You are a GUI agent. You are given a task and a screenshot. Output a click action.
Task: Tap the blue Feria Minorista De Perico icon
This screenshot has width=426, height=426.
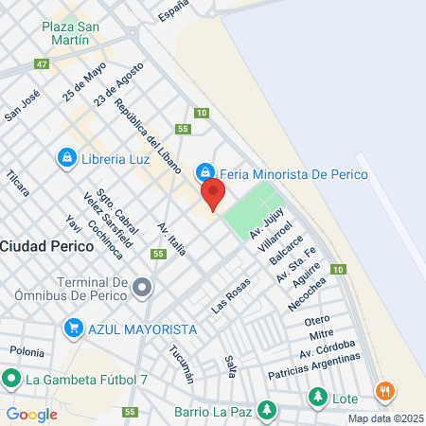[204, 172]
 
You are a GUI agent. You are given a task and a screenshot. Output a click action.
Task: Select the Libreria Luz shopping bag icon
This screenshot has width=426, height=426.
[66, 157]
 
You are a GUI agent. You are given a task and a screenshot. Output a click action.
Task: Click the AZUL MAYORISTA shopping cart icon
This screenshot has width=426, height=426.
[73, 328]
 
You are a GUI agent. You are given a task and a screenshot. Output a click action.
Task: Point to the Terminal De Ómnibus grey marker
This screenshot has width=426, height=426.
[142, 286]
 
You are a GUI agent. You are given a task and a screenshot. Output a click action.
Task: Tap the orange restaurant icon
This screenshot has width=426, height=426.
[384, 390]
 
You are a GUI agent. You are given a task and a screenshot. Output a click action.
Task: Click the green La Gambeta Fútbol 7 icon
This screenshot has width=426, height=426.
[11, 381]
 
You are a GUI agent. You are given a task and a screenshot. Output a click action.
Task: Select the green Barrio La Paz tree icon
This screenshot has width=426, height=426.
[268, 411]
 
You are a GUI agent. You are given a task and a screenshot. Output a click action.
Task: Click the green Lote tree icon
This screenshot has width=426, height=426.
[317, 398]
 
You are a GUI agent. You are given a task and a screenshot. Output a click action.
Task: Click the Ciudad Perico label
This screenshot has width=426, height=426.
[46, 245]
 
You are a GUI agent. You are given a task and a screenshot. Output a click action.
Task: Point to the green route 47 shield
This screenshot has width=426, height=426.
[41, 64]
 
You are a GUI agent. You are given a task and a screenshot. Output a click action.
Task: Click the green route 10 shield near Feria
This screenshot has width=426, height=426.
[202, 113]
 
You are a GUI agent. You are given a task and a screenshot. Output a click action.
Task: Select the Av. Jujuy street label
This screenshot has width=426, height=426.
[267, 225]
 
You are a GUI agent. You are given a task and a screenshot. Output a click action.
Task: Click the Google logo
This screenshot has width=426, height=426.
[31, 414]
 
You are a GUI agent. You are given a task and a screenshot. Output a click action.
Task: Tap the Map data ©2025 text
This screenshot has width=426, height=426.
[383, 418]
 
